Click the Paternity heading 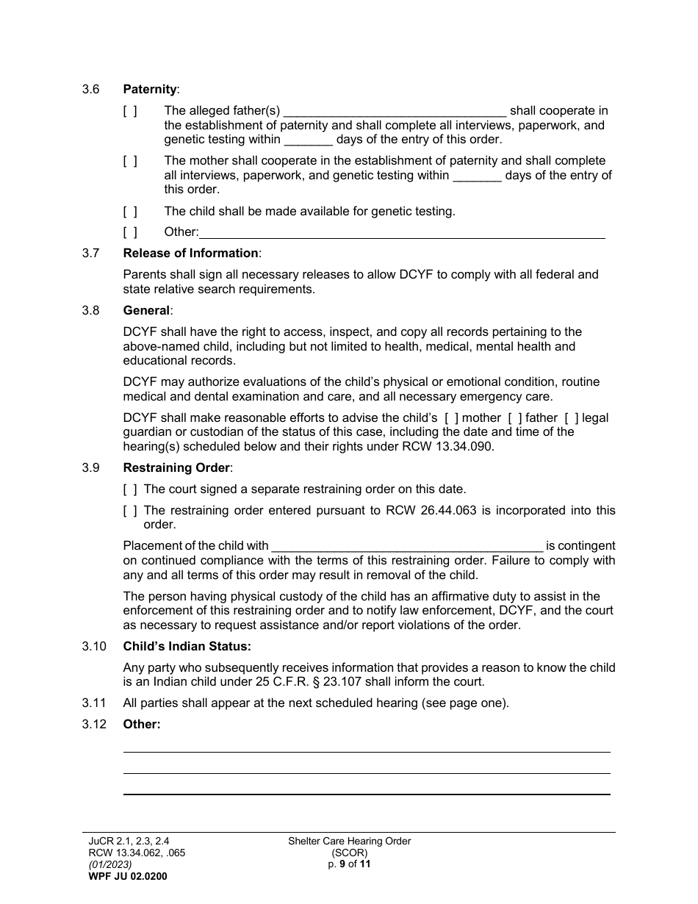(150, 90)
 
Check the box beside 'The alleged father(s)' (130, 111)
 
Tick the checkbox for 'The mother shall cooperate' (130, 161)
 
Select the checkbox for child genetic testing (130, 212)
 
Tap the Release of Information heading (191, 254)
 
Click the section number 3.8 (91, 311)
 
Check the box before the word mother (452, 418)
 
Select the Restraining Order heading (176, 468)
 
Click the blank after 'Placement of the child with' (407, 548)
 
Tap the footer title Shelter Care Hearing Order (349, 842)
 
